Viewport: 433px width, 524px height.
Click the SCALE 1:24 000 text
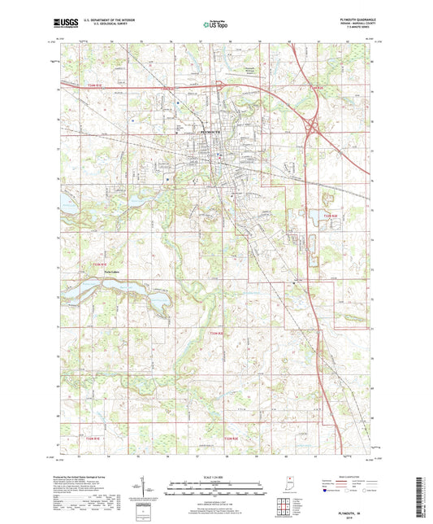[216, 476]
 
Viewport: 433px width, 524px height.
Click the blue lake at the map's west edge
[67, 207]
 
